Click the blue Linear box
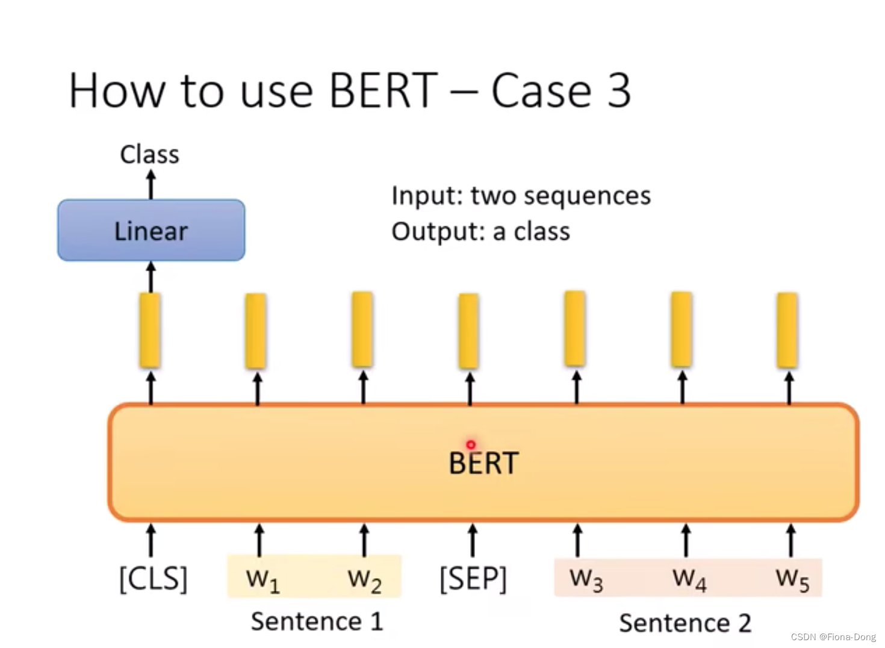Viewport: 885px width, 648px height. click(x=151, y=231)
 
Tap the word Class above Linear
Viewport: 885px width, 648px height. click(x=149, y=154)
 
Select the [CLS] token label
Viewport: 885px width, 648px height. click(x=153, y=579)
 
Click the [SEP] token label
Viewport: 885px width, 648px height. click(x=473, y=579)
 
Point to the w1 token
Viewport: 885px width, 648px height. click(x=262, y=579)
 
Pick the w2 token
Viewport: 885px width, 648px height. click(x=364, y=579)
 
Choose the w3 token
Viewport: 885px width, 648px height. click(x=586, y=579)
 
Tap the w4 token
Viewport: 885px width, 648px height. click(x=689, y=579)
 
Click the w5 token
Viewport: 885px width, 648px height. click(x=792, y=579)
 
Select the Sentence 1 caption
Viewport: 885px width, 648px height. click(x=317, y=621)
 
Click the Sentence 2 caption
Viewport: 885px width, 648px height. click(x=685, y=623)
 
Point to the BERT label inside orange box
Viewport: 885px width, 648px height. click(x=483, y=463)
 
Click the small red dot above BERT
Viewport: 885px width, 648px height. click(x=471, y=444)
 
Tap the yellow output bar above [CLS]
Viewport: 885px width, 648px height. click(x=150, y=330)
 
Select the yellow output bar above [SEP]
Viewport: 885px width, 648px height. click(x=468, y=331)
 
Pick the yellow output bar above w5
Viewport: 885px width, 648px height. click(x=787, y=330)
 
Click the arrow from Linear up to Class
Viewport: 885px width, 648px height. click(x=151, y=184)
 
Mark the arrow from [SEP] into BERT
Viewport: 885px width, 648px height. click(x=473, y=540)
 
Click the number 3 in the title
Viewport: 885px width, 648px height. click(x=619, y=90)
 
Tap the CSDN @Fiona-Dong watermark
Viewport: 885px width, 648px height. click(x=833, y=637)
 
